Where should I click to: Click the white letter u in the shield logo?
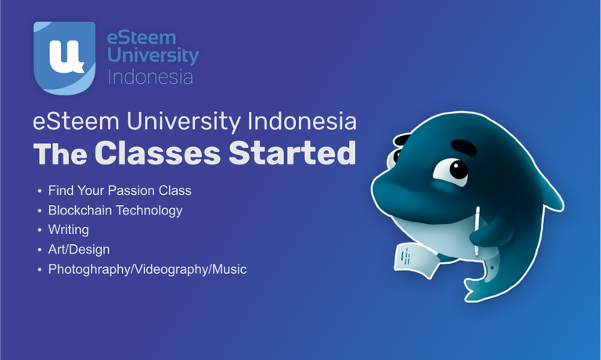[67, 56]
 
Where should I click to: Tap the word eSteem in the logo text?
[142, 38]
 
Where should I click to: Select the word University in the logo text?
[153, 56]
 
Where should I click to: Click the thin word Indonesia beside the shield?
[150, 77]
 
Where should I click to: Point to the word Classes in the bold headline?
[157, 153]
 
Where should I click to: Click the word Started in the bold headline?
[293, 153]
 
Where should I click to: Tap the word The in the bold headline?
[60, 153]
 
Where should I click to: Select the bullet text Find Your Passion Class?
[120, 190]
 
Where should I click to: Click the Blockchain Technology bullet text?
[115, 211]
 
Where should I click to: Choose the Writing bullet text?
[69, 229]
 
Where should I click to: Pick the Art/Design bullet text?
[79, 250]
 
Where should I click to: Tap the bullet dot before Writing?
[39, 230]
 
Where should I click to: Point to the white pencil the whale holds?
[477, 231]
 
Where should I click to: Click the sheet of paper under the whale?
[414, 260]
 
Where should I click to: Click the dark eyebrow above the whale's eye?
[464, 147]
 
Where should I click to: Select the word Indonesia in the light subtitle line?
[302, 121]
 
